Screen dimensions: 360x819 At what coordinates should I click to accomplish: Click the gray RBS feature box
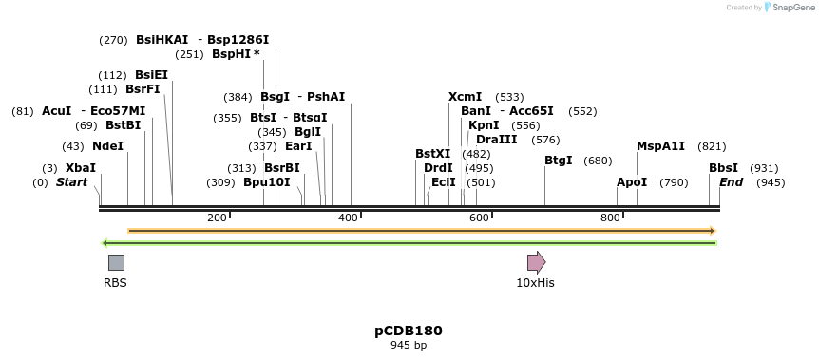tap(116, 262)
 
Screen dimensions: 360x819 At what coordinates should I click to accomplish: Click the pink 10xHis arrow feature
tap(536, 262)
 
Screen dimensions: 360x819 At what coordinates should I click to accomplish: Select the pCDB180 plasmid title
tap(408, 331)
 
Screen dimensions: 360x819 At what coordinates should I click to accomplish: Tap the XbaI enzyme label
tap(81, 168)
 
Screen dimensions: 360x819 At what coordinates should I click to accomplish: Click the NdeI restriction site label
tap(107, 146)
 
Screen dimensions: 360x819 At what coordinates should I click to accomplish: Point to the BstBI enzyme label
tap(123, 125)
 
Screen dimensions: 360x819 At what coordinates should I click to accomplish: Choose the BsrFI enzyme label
tap(143, 89)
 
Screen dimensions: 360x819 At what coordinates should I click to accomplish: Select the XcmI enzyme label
tap(465, 97)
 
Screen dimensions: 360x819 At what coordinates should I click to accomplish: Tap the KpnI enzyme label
tap(484, 125)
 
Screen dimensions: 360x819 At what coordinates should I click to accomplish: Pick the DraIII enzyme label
tap(496, 140)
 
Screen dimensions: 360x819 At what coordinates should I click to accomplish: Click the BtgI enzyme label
tap(559, 161)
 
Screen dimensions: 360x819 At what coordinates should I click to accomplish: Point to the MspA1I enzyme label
tap(660, 146)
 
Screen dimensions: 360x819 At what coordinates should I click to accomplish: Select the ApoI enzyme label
tap(632, 182)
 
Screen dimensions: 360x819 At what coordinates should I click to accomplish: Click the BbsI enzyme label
tap(723, 168)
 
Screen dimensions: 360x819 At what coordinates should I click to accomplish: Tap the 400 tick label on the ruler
tap(348, 218)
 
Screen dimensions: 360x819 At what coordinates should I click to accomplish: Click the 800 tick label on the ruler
tap(610, 218)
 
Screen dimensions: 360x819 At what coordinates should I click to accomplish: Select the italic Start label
tap(71, 182)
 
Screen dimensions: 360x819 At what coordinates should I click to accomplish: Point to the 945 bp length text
tap(409, 345)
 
